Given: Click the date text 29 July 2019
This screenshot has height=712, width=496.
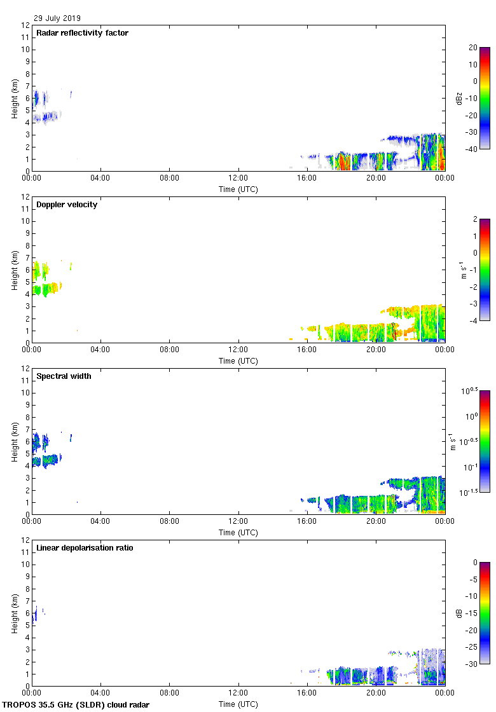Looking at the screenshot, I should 57,18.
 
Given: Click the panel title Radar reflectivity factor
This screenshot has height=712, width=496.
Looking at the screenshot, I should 82,33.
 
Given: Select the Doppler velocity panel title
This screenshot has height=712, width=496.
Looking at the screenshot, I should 67,205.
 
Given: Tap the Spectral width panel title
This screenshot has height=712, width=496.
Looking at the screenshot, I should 64,376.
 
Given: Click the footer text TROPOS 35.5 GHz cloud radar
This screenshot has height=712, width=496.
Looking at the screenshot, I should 76,705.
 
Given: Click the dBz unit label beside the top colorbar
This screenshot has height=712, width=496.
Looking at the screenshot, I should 459,98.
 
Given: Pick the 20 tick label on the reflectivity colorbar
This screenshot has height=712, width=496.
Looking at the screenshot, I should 472,48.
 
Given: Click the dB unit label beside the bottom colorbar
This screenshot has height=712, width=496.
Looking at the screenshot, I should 459,613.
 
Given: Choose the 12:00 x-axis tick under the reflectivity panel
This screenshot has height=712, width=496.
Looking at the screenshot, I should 238,179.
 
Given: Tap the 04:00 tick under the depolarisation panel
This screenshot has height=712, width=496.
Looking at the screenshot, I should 100,694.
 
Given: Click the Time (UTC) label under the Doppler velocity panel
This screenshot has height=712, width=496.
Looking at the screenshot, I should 238,361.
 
